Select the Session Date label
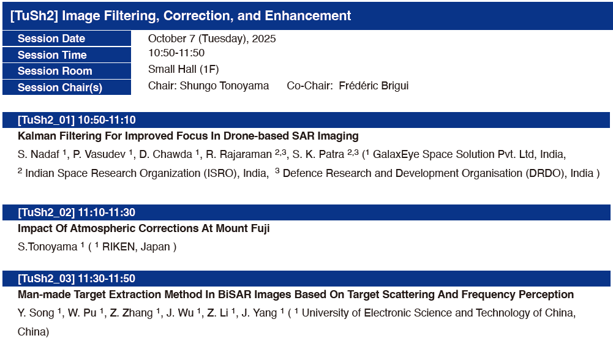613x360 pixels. (51, 39)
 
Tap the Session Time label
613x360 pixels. (52, 55)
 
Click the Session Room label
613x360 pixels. (55, 71)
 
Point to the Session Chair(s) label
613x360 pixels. (60, 88)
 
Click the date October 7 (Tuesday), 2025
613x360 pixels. (212, 39)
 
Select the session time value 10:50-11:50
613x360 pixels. (176, 53)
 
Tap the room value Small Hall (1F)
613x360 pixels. (183, 70)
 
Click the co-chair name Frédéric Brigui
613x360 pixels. (374, 86)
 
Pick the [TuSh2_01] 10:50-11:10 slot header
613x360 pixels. (77, 120)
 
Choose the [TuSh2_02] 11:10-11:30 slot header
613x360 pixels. (77, 212)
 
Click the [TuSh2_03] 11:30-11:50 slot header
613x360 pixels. (77, 279)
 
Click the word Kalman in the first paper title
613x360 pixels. (37, 136)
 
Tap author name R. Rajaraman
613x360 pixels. (239, 154)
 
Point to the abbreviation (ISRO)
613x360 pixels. (220, 173)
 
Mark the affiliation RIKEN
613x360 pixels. (119, 247)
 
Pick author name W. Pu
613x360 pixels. (81, 313)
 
